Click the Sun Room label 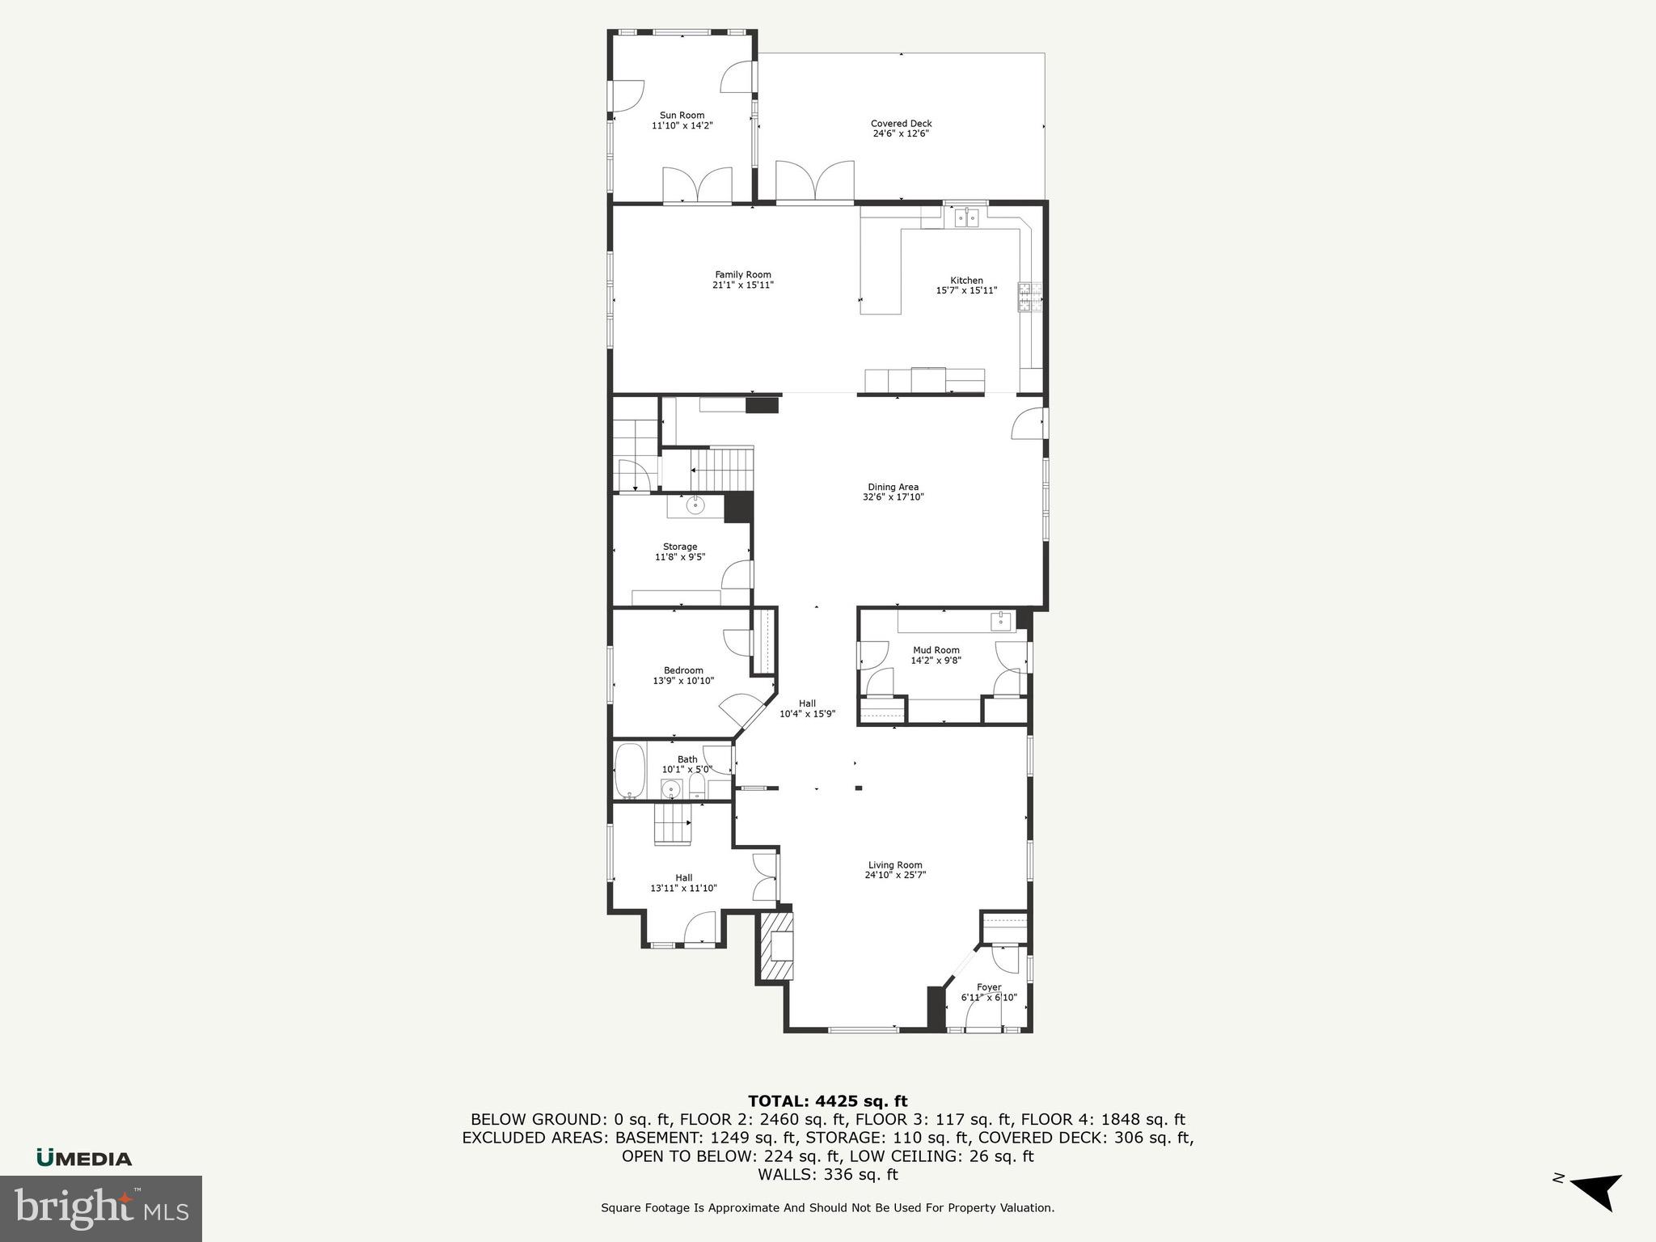(x=682, y=116)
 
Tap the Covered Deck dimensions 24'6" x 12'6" (x=901, y=133)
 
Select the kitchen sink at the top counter (x=967, y=217)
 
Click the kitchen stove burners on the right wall (x=1029, y=297)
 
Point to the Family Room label (x=742, y=275)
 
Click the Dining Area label (x=893, y=487)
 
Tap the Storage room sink (x=695, y=506)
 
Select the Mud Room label (x=936, y=650)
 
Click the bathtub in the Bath (x=630, y=771)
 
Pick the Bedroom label (x=683, y=670)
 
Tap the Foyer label (x=988, y=987)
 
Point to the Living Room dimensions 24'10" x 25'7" (x=894, y=875)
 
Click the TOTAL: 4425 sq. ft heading (x=827, y=1101)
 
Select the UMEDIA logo (x=84, y=1159)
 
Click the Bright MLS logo (x=101, y=1208)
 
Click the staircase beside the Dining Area (x=721, y=467)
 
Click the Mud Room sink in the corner (x=1001, y=620)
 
